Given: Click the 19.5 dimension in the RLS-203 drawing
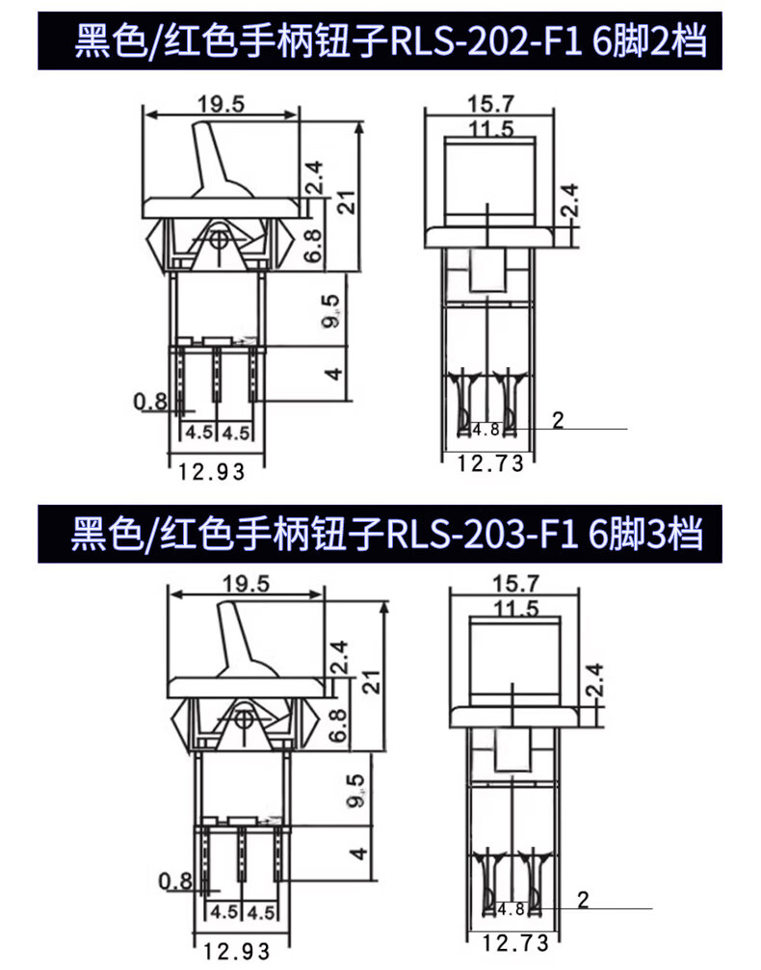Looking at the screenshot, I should tap(246, 584).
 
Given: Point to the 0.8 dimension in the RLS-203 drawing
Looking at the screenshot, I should tap(176, 880).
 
